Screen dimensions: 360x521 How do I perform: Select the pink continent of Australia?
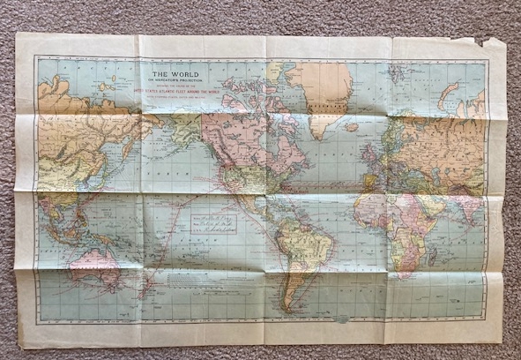point(98,264)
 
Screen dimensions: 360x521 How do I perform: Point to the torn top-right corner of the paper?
point(481,41)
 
